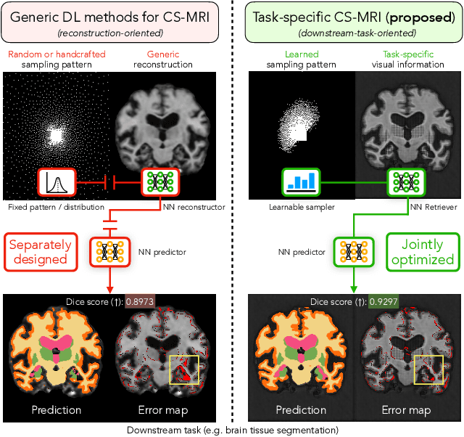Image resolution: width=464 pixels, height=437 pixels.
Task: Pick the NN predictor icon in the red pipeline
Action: point(110,251)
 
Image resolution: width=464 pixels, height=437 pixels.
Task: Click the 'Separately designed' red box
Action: point(42,251)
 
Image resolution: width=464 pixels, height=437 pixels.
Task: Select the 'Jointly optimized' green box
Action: point(420,251)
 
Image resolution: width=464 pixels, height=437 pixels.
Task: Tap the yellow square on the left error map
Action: point(183,369)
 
